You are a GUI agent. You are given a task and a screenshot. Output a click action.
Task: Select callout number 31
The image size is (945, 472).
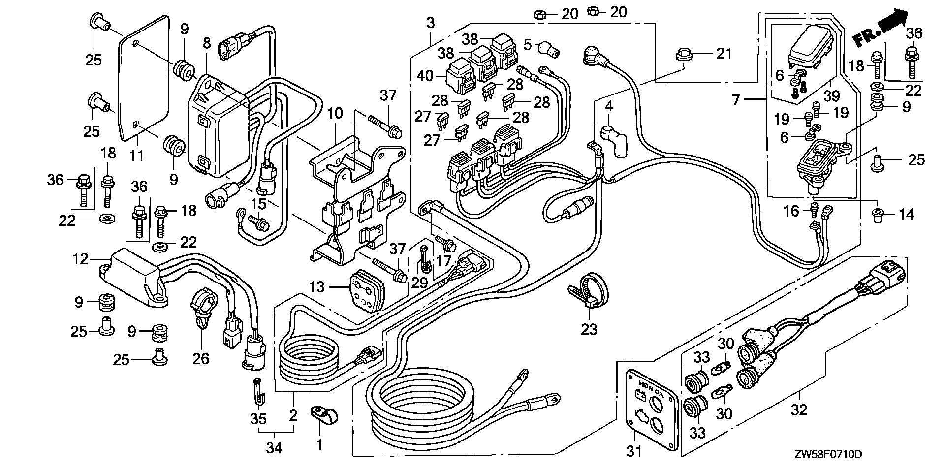click(x=633, y=450)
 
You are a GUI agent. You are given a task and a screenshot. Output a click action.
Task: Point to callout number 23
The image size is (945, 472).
click(x=589, y=328)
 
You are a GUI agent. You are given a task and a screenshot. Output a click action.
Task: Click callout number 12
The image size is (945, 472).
click(x=81, y=259)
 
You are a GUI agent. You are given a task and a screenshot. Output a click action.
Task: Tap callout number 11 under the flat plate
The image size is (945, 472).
click(x=137, y=155)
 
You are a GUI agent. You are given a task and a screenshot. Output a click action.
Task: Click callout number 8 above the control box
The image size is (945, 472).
click(x=207, y=43)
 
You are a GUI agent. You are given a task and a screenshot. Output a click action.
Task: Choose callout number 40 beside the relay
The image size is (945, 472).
click(x=424, y=76)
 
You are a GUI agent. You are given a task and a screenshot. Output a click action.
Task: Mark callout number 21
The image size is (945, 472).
click(x=724, y=53)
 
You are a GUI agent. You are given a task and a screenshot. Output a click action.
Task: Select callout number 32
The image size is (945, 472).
click(x=799, y=409)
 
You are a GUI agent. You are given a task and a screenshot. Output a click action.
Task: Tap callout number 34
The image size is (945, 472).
click(x=274, y=448)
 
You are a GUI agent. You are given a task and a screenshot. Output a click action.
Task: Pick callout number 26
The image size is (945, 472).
click(x=200, y=358)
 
